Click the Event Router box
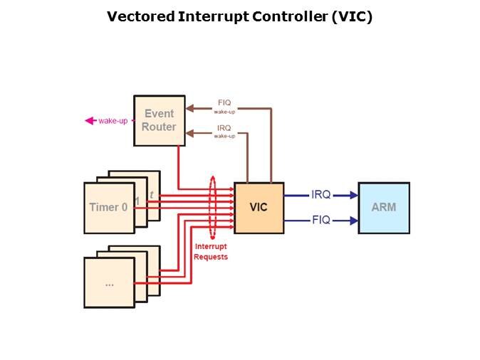(x=159, y=120)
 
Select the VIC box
(x=259, y=207)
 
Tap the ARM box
(x=383, y=207)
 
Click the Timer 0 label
(x=109, y=208)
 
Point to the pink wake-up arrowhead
(x=90, y=121)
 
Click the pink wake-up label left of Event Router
(x=113, y=121)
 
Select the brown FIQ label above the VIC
(x=224, y=102)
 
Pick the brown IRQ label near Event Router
(x=224, y=127)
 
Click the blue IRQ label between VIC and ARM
(x=321, y=194)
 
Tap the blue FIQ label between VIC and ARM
(x=321, y=221)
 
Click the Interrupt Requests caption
(x=211, y=252)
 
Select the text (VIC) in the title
(x=352, y=16)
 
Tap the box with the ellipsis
(x=109, y=282)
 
